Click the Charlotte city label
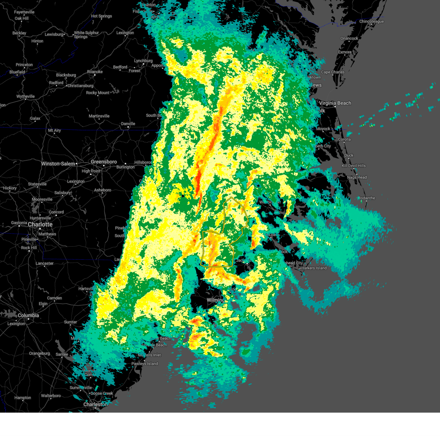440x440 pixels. [x=40, y=224]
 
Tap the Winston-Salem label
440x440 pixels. [x=58, y=164]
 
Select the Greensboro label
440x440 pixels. [x=104, y=162]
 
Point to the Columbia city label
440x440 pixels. [x=28, y=315]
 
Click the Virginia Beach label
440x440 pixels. [x=335, y=103]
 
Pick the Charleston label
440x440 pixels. [x=95, y=404]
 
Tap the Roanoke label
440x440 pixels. [x=95, y=72]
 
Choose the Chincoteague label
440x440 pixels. [x=371, y=22]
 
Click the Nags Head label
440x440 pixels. [x=357, y=177]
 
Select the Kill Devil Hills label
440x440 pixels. [x=353, y=166]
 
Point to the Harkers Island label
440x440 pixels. [x=313, y=268]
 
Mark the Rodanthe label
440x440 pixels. [x=367, y=198]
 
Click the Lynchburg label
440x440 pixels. [x=143, y=61]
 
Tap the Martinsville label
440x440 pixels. [x=99, y=116]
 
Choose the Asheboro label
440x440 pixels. [x=102, y=190]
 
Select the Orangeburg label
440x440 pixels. [x=39, y=353]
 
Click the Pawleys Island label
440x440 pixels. [x=144, y=364]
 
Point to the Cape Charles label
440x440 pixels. [x=333, y=72]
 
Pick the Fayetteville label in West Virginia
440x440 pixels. [x=24, y=12]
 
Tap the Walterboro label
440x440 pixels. [x=51, y=396]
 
